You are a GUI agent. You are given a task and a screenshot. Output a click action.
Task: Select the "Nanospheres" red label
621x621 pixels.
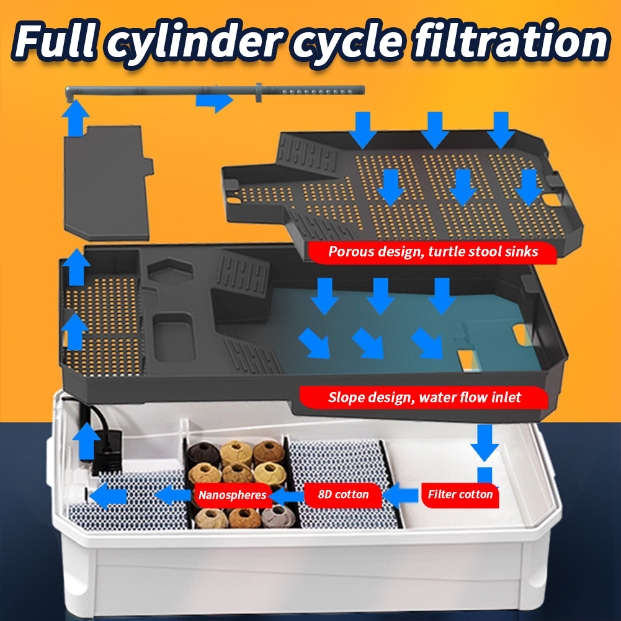[233, 494]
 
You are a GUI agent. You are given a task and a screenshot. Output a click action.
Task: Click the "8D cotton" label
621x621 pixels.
[343, 494]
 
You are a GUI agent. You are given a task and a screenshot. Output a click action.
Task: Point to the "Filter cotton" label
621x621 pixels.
[460, 494]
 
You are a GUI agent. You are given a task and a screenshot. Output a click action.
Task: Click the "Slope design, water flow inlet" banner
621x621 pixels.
[424, 397]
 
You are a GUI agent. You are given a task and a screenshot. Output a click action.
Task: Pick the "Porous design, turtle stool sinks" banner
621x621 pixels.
[432, 252]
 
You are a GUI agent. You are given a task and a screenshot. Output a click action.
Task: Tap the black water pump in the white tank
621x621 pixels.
[106, 452]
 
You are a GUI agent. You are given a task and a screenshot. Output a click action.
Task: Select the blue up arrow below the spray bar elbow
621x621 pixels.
[75, 118]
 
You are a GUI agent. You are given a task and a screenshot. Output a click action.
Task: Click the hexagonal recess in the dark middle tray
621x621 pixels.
[171, 269]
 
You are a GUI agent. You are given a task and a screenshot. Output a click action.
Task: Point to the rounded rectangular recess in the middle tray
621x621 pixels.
[174, 337]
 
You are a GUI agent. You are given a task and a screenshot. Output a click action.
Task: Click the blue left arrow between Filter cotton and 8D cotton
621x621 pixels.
[400, 495]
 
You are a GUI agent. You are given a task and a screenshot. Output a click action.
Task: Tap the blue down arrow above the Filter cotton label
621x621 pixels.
[485, 443]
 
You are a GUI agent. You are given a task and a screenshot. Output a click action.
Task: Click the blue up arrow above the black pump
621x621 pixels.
[86, 441]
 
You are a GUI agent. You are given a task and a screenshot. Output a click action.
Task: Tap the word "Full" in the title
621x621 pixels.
[55, 40]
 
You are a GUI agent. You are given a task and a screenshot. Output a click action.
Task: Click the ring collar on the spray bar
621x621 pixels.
[259, 92]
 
